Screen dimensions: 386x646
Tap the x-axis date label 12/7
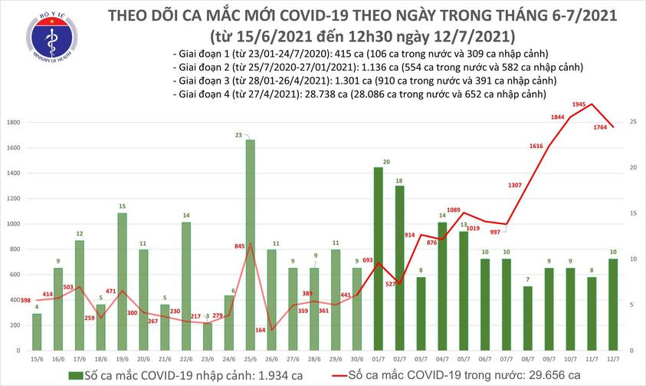pos(614,358)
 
